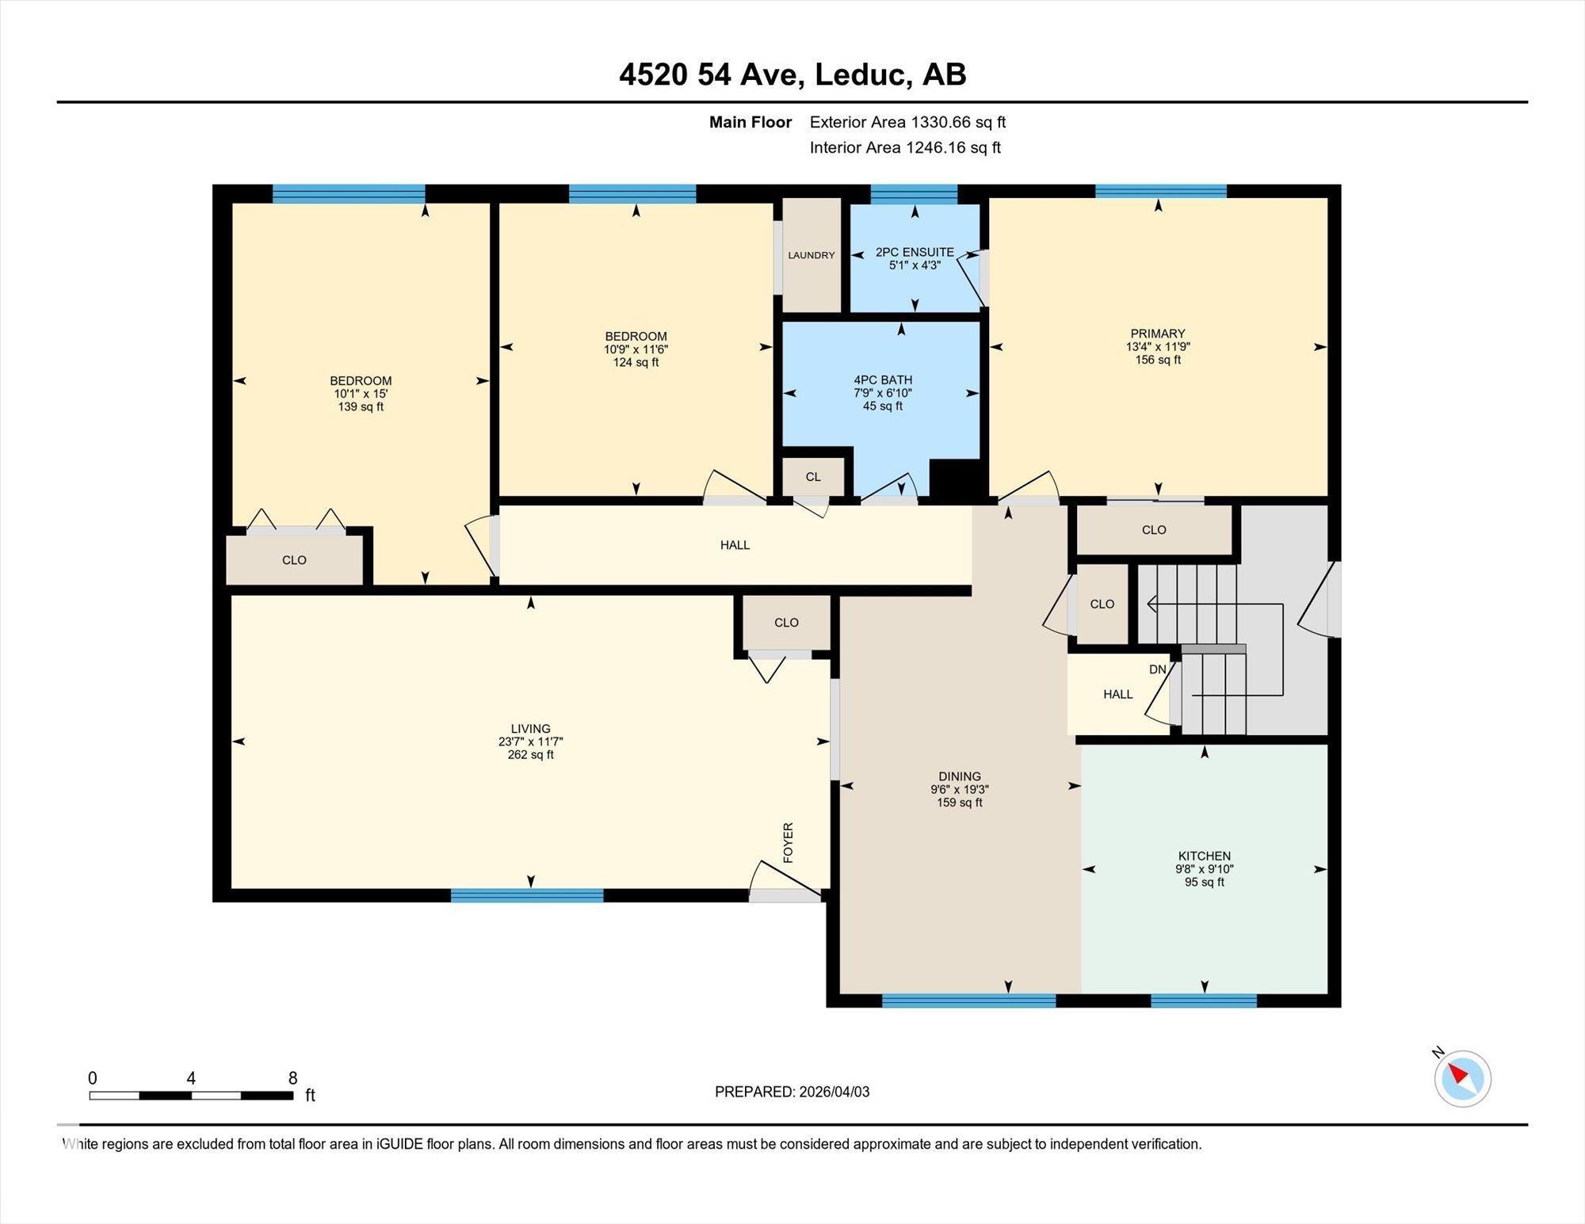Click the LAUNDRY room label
click(x=811, y=255)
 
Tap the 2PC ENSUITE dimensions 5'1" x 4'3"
click(x=915, y=265)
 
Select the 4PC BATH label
click(x=882, y=380)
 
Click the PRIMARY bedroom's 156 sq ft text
click(x=1158, y=360)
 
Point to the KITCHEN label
click(x=1204, y=856)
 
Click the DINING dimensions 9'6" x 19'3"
click(x=959, y=790)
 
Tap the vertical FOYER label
click(x=788, y=842)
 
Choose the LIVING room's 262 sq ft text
click(x=530, y=755)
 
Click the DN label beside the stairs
click(x=1157, y=669)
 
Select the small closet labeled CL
click(x=813, y=477)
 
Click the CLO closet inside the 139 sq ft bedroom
click(x=294, y=560)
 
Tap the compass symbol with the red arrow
click(x=1462, y=1078)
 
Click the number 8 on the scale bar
click(x=292, y=1078)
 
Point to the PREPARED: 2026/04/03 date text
click(x=792, y=1092)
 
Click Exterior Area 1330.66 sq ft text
click(x=907, y=122)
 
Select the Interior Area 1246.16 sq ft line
click(x=905, y=147)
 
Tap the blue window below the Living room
click(x=527, y=896)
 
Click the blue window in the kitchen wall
click(x=1203, y=1001)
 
